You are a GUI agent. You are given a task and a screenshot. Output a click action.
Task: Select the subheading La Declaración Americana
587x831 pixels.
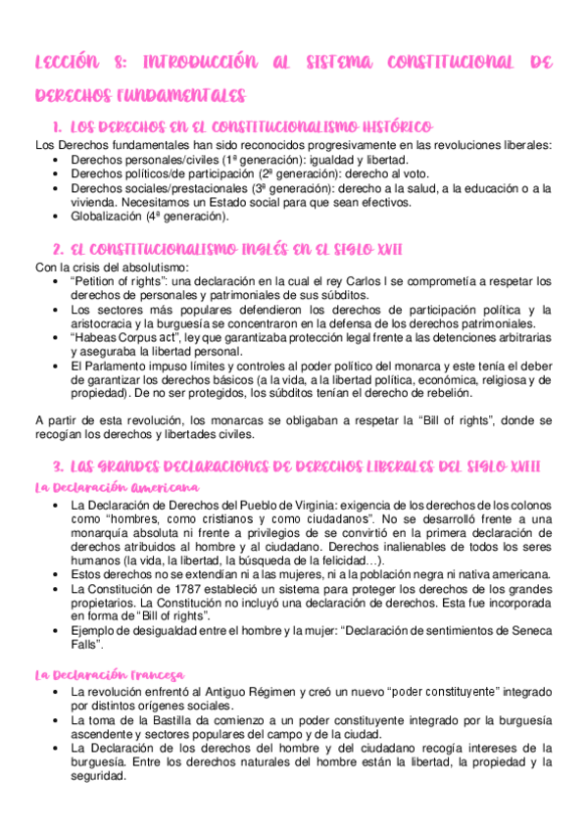(x=117, y=486)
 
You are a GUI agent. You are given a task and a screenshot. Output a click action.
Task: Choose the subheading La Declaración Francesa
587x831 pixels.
(x=110, y=674)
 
